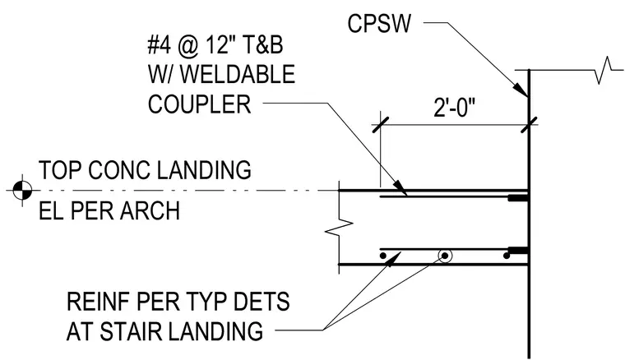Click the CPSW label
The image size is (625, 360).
[x=378, y=24]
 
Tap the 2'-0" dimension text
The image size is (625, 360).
[x=455, y=107]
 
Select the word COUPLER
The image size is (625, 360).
[x=199, y=104]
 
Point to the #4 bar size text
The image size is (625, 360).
[x=159, y=44]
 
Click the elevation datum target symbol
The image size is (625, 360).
[x=22, y=191]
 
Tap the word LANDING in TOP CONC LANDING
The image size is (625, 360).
[x=204, y=170]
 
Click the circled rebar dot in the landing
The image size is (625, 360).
[x=444, y=256]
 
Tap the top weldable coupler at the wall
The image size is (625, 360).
[x=518, y=198]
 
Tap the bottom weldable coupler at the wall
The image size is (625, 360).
[x=517, y=252]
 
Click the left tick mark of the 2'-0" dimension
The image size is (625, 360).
[x=380, y=125]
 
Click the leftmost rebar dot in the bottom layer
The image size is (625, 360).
[x=382, y=256]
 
